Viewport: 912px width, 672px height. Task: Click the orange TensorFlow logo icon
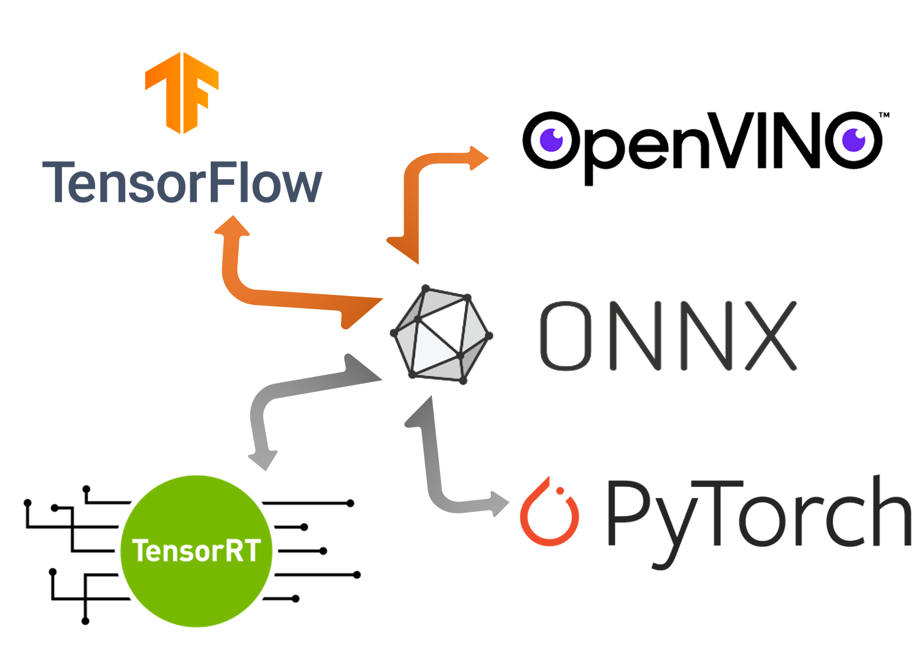182,92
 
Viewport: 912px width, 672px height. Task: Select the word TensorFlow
183,183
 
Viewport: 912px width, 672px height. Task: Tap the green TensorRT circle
196,551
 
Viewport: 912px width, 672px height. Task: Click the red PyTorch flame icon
549,512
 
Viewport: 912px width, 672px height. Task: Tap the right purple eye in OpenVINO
854,139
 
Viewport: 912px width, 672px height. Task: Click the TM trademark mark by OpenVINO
884,115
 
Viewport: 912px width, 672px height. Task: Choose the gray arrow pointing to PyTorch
434,467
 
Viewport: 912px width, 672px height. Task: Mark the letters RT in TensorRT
239,551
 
